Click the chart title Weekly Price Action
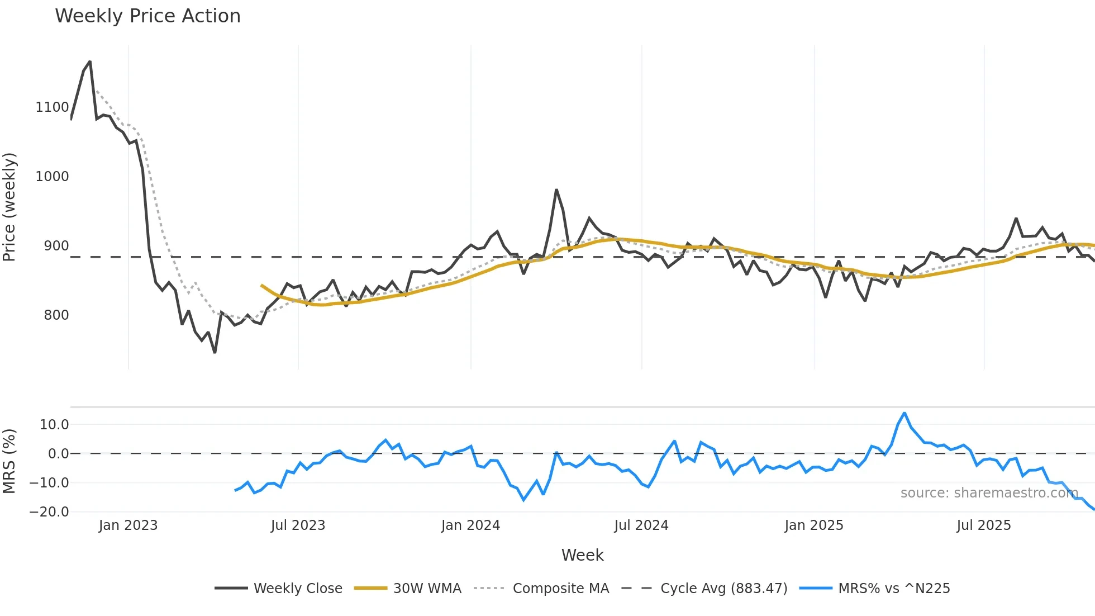click(x=147, y=16)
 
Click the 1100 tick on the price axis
click(x=52, y=107)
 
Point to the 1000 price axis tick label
click(x=52, y=177)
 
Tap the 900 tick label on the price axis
click(x=56, y=246)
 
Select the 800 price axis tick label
click(x=56, y=315)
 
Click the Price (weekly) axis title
click(x=9, y=207)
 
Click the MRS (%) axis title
click(x=9, y=461)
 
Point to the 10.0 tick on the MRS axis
click(x=54, y=425)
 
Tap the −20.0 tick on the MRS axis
click(x=49, y=512)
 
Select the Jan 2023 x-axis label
click(x=128, y=525)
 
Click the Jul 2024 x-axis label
click(x=641, y=525)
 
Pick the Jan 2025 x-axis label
click(x=813, y=525)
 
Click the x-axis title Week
click(x=582, y=555)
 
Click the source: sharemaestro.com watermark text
click(x=989, y=493)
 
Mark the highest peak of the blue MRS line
click(x=904, y=413)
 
